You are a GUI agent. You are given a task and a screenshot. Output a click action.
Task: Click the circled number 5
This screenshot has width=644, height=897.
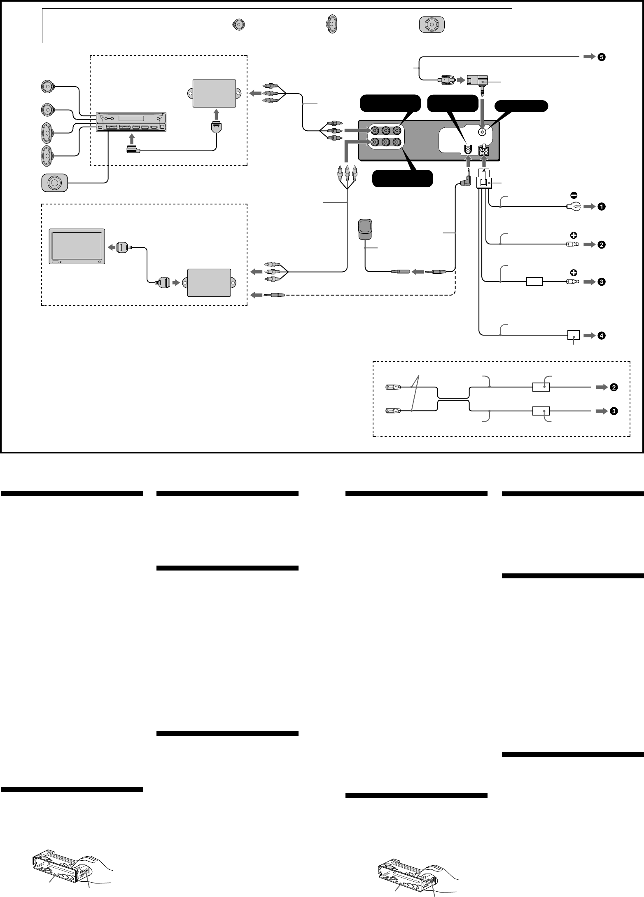pyautogui.click(x=602, y=58)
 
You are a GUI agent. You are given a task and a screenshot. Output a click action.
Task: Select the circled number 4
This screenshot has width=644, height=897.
pyautogui.click(x=602, y=336)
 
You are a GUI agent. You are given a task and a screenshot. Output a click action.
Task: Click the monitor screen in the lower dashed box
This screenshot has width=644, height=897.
pyautogui.click(x=77, y=247)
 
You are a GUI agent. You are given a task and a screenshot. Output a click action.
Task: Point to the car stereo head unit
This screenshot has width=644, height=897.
pyautogui.click(x=131, y=122)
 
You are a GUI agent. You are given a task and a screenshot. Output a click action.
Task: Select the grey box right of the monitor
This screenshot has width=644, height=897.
pyautogui.click(x=209, y=283)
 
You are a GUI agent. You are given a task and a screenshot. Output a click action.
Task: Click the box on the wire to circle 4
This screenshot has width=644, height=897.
pyautogui.click(x=573, y=336)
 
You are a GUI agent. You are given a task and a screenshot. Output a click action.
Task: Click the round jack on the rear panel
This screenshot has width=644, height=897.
pyautogui.click(x=483, y=132)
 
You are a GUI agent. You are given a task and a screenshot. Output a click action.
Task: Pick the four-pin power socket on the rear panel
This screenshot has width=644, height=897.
pyautogui.click(x=483, y=151)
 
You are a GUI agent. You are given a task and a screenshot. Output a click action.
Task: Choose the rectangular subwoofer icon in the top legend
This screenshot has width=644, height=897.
pyautogui.click(x=432, y=25)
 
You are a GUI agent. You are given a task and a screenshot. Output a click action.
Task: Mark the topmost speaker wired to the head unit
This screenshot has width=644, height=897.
pyautogui.click(x=49, y=87)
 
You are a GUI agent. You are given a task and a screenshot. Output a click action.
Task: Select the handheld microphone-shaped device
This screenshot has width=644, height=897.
pyautogui.click(x=365, y=229)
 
